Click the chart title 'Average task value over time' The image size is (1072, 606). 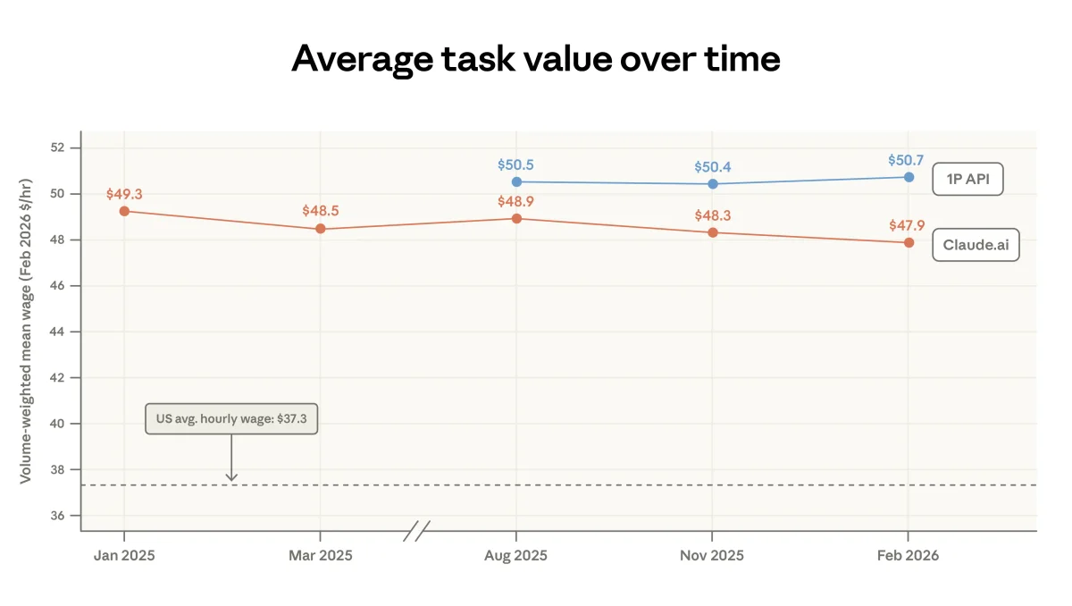[536, 59]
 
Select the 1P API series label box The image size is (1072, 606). [967, 180]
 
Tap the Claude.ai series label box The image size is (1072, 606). [976, 245]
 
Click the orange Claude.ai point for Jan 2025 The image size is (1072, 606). [124, 211]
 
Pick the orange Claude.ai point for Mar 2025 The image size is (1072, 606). [321, 229]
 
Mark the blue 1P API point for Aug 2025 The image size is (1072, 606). [516, 181]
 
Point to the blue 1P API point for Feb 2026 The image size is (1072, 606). [909, 177]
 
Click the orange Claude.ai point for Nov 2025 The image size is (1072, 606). [713, 232]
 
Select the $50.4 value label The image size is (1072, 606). [712, 167]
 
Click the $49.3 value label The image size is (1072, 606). [123, 194]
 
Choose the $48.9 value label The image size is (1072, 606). [515, 201]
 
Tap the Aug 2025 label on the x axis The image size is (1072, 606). [516, 555]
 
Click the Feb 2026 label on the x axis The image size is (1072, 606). [909, 555]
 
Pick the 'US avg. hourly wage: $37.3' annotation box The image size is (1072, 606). [231, 418]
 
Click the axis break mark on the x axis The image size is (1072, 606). [416, 531]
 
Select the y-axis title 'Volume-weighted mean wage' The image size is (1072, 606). [26, 331]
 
